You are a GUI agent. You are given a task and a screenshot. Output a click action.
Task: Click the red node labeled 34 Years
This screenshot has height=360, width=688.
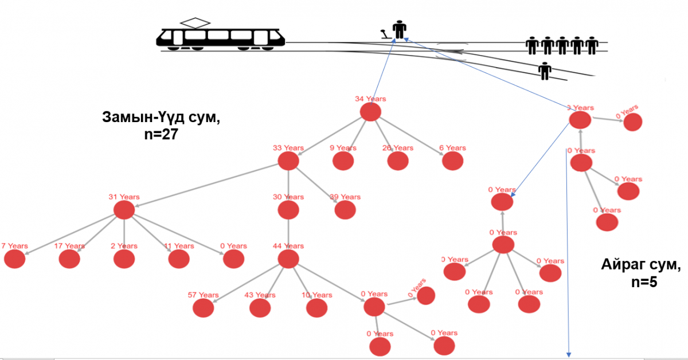pos(370,112)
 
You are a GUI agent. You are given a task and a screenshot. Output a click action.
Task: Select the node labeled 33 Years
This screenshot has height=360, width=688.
pos(288,161)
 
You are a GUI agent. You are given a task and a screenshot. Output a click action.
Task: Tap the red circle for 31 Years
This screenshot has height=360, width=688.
pos(124,210)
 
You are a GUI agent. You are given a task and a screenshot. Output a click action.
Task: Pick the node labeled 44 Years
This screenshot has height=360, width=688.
pos(288,259)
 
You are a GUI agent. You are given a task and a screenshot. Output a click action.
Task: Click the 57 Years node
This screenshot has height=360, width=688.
pos(203,308)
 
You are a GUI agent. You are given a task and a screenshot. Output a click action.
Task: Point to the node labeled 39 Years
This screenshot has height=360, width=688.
pos(345,210)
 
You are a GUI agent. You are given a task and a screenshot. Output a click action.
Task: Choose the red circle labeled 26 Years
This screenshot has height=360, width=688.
pos(397,161)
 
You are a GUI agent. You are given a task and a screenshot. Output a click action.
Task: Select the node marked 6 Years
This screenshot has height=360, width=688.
pos(452,161)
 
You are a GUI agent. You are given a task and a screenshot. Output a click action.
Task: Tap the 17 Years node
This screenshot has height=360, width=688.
pos(69,259)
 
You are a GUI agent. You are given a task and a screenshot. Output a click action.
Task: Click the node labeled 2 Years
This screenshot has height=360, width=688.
pos(124,259)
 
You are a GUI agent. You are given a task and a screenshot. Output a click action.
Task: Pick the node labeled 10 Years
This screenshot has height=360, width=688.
pos(316,308)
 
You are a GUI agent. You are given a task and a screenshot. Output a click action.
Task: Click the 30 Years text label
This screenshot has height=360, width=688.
pos(288,197)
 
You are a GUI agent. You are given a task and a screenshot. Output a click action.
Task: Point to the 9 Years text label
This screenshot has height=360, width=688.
pos(343,148)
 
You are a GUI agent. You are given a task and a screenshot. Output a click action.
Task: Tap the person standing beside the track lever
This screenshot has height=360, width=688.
pos(399,29)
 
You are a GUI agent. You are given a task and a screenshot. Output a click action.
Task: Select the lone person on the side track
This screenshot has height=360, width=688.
pos(545,71)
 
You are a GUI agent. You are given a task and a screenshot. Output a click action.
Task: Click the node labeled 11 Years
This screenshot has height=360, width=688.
pos(179,259)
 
